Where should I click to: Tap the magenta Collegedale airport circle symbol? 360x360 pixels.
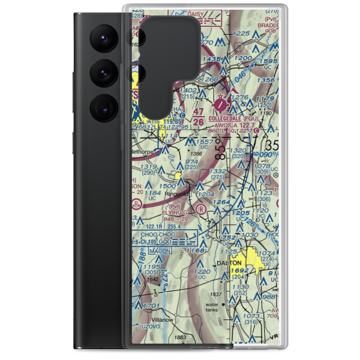pos(221,105)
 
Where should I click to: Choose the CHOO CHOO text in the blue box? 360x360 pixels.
pos(158,234)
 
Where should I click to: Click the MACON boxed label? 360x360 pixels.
pos(160,251)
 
